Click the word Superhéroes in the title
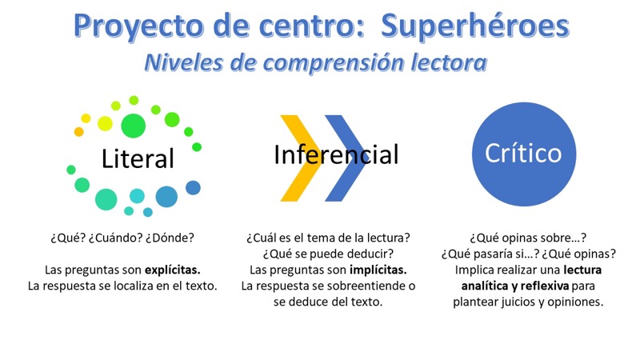pos(474,26)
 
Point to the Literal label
pos(138,158)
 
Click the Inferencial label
pos(336,154)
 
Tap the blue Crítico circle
pos(524,154)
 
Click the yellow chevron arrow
pos(301,158)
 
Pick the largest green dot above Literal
pos(133,126)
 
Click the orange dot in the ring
pos(78,131)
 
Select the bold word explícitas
pos(173,270)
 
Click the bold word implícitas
pos(378,270)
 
